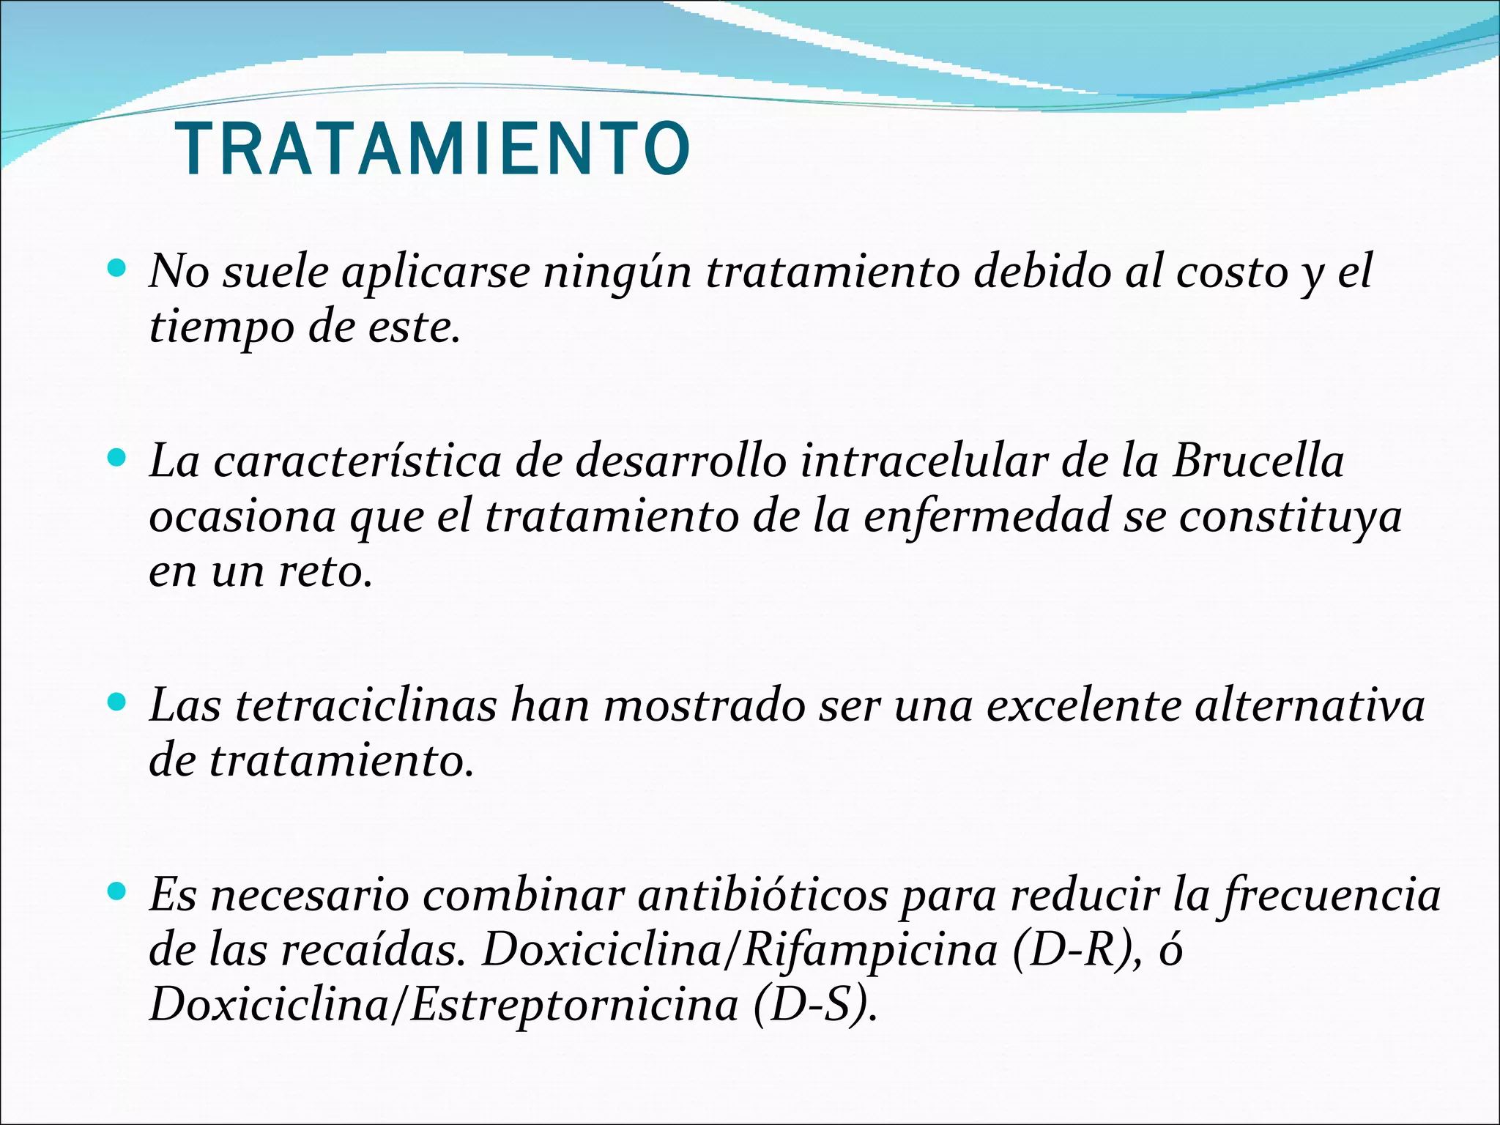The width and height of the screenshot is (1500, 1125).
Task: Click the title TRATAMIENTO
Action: (434, 149)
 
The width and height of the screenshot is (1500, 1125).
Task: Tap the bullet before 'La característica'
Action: (116, 458)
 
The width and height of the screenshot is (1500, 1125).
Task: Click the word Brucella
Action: (1258, 461)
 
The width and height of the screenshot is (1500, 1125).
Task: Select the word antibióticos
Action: (763, 895)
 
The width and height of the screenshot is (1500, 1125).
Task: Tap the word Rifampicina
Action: (871, 950)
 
